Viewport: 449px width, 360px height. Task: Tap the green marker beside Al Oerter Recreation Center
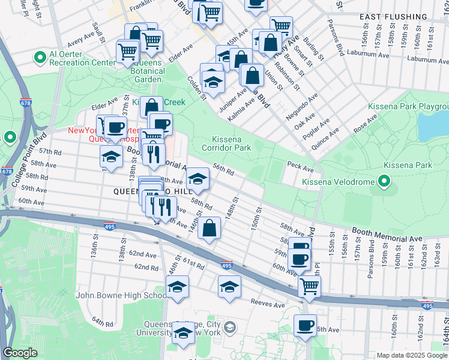point(41,58)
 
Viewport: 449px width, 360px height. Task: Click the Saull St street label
point(95,31)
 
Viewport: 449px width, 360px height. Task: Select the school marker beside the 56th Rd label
point(197,178)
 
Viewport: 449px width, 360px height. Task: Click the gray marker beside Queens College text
point(231,327)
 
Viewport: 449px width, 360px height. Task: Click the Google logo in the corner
point(20,353)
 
